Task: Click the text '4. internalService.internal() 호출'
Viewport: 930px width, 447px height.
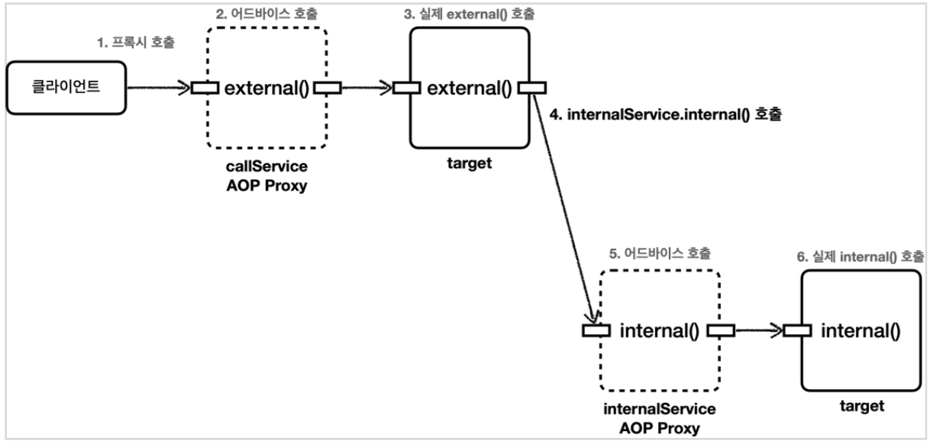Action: [666, 117]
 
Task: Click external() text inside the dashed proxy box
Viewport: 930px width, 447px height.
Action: [266, 88]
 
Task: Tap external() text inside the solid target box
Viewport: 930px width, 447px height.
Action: [470, 88]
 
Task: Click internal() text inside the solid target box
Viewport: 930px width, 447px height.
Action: [861, 330]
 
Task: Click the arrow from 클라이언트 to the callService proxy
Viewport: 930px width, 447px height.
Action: [157, 88]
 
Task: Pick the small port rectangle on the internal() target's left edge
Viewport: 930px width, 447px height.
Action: [797, 330]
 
